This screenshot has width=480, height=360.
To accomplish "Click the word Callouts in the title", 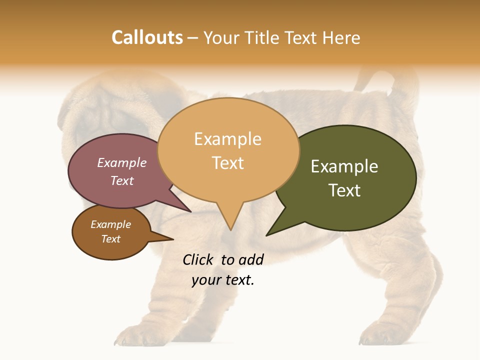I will coord(147,37).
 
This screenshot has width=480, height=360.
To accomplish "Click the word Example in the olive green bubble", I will coord(344,166).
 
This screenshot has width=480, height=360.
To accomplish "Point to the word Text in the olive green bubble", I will coord(344,190).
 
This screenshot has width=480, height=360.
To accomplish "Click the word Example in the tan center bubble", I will coord(227,139).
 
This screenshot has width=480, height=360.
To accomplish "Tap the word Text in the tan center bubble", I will coord(228,163).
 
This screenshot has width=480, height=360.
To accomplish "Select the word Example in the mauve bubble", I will coord(122,162).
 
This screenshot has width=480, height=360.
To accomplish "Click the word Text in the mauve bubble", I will coord(122,180).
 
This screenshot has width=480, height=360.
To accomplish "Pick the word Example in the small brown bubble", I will coord(110,224).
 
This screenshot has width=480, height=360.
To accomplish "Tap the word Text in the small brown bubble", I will coord(110,239).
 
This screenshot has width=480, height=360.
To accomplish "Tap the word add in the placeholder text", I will coord(251,259).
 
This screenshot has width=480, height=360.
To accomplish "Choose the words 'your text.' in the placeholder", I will coord(223,280).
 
